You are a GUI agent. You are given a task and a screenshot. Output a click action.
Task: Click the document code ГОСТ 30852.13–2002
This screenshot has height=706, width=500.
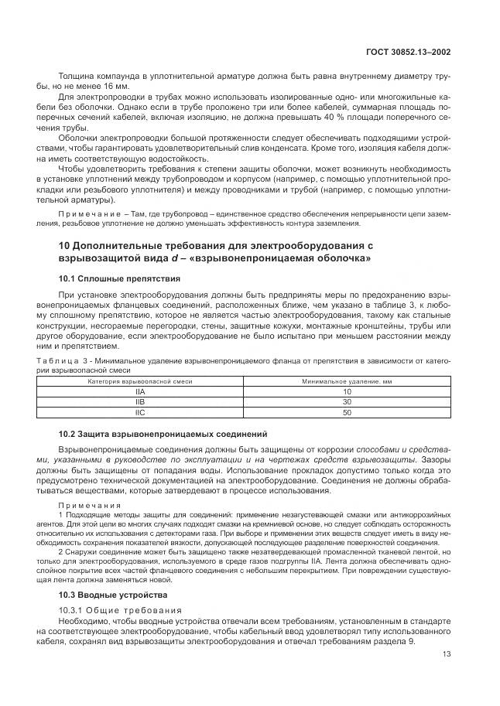point(408,53)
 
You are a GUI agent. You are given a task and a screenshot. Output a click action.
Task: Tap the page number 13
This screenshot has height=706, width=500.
point(446,653)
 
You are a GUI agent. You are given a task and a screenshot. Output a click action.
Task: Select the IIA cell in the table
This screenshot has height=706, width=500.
point(140,393)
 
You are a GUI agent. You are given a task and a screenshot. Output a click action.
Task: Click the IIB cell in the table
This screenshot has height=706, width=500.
point(140,403)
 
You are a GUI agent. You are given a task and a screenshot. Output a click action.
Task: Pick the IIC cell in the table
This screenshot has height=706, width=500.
point(140,413)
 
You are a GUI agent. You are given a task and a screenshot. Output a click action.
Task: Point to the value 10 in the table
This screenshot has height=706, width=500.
point(347,393)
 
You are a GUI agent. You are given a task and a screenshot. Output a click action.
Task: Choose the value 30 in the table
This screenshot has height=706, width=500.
point(347,403)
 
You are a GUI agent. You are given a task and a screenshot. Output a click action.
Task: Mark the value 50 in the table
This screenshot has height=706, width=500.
point(347,413)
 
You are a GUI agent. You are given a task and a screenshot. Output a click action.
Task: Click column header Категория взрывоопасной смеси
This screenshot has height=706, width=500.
point(140,382)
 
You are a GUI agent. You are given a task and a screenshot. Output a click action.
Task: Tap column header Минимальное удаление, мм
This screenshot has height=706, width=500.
point(347,382)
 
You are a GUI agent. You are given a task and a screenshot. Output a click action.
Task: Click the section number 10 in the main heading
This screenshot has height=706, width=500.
point(65,245)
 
